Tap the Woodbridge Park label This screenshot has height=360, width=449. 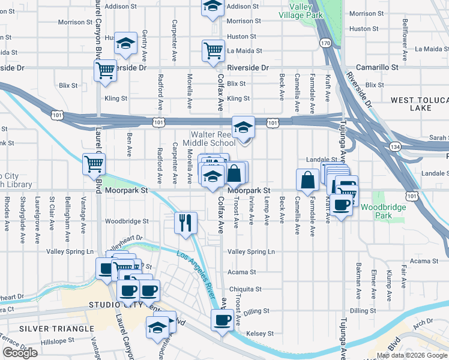pos(384,211)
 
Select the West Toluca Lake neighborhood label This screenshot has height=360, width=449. pos(420,104)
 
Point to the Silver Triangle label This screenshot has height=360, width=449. pos(56,329)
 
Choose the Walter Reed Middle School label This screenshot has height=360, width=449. pos(213,139)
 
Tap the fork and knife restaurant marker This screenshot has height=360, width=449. pos(185,223)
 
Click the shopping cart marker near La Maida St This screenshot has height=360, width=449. pos(213,51)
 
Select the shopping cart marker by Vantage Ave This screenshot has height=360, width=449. pos(94,163)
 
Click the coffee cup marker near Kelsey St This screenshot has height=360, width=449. pos(222,319)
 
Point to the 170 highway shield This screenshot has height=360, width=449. pos(325,43)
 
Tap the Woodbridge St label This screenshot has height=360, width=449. pos(127,221)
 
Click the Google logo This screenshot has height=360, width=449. pos(20,353)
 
